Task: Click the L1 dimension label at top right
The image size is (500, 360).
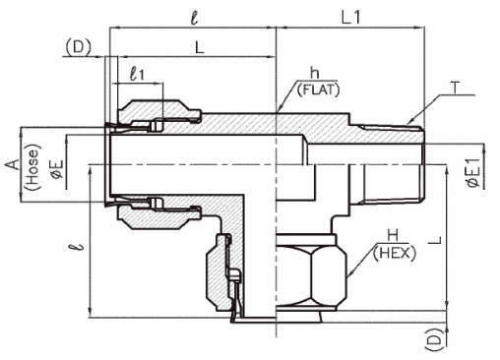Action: point(350,17)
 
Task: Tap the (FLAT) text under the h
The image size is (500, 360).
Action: point(318,90)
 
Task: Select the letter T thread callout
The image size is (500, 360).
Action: point(456,88)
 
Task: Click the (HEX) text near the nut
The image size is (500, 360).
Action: point(395,253)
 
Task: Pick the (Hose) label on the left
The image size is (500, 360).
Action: point(33,167)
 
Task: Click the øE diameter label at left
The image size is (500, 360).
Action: point(57,169)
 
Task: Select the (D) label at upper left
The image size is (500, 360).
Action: point(78,47)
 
